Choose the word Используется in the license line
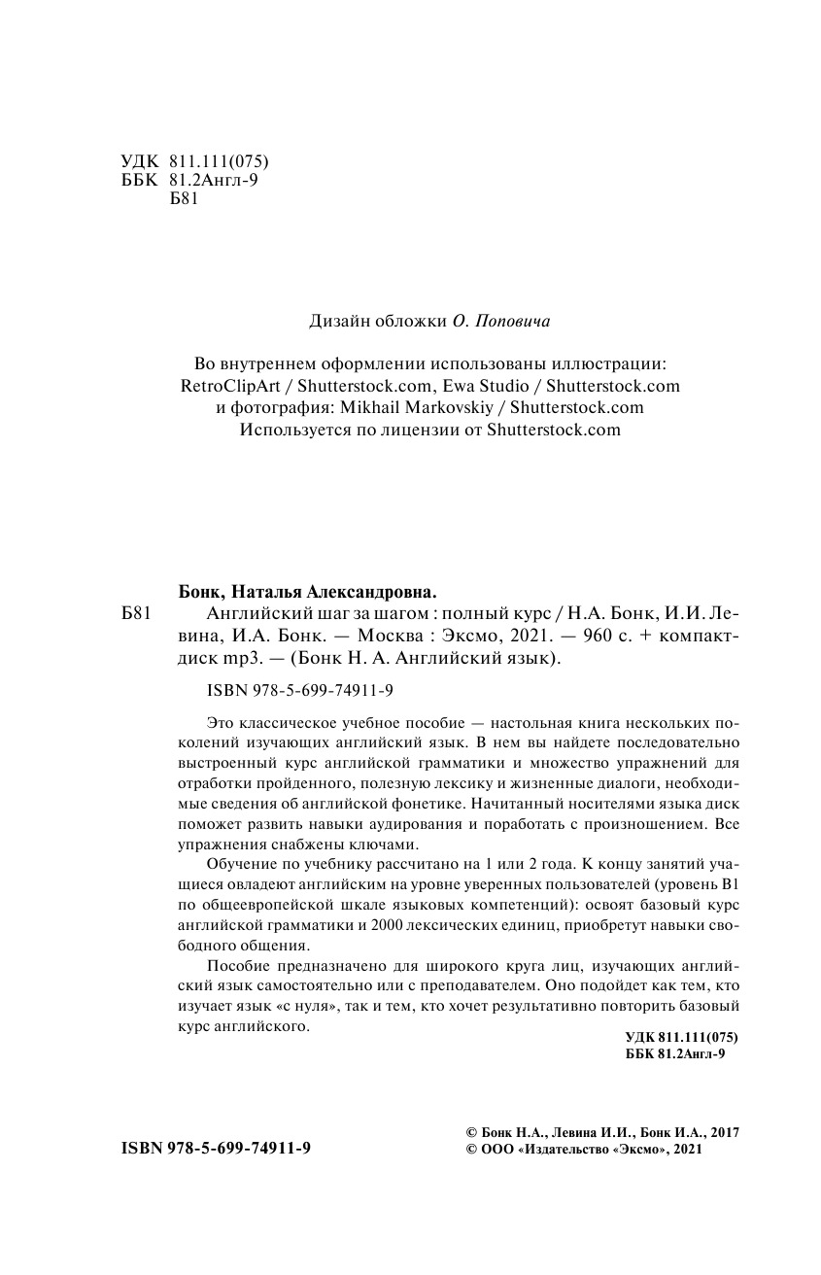(294, 430)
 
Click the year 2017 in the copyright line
(725, 1132)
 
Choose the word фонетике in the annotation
(433, 805)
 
